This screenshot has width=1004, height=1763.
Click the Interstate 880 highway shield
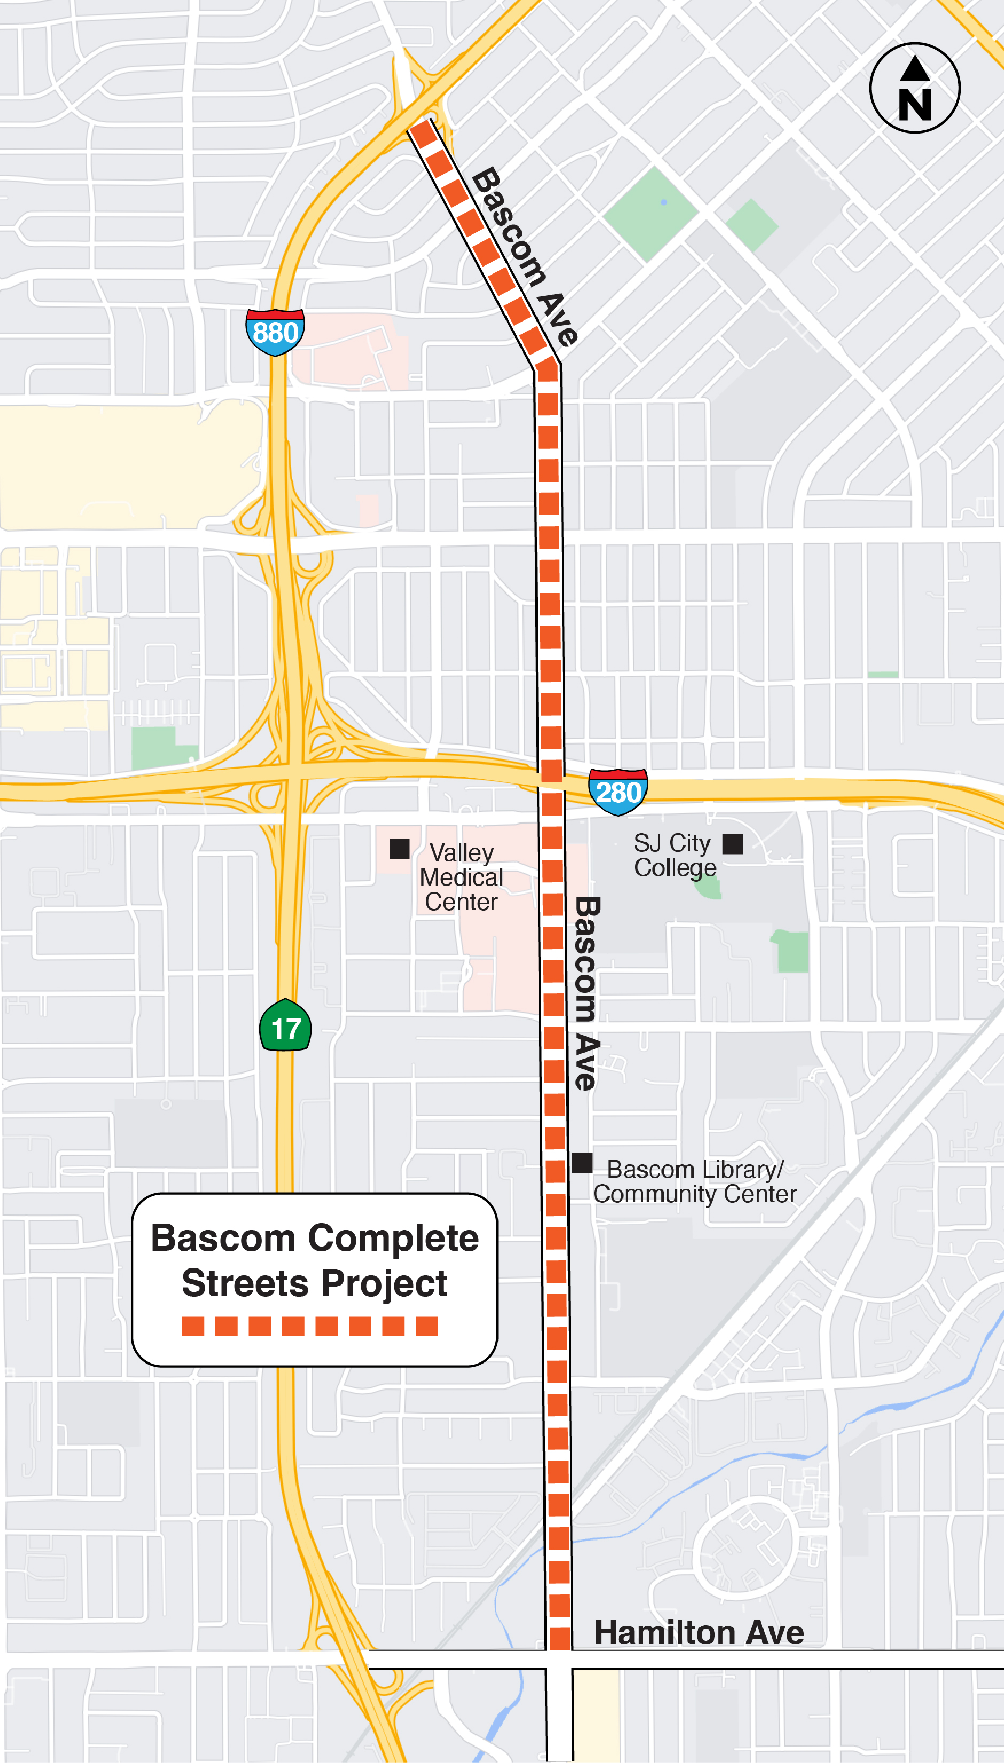tap(275, 332)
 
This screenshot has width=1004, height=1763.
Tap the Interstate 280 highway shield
tap(618, 792)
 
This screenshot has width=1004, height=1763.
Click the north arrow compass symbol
tap(914, 88)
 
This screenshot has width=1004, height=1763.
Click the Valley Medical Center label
tap(461, 877)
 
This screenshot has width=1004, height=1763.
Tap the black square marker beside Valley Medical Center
tap(399, 849)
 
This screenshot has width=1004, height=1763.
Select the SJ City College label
tap(674, 855)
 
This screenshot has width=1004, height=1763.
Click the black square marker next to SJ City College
tap(733, 844)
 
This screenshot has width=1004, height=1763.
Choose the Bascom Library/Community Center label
tap(695, 1181)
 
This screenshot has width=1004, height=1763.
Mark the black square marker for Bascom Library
tap(582, 1163)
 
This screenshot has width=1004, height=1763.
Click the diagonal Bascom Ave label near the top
tap(524, 256)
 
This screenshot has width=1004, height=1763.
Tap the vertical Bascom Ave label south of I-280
tap(586, 992)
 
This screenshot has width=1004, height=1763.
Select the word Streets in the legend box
tap(245, 1283)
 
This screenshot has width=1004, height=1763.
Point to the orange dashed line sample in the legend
tap(309, 1326)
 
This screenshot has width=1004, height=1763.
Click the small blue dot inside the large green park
tap(664, 202)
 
